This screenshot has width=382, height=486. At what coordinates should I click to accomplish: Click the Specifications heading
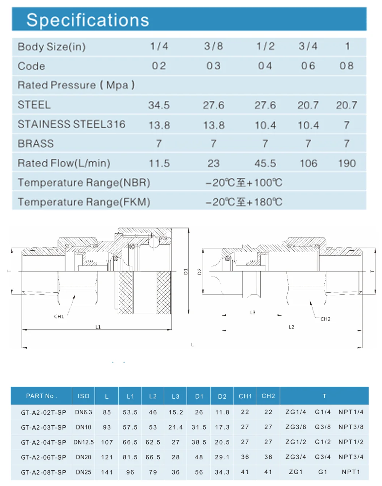pyautogui.click(x=87, y=20)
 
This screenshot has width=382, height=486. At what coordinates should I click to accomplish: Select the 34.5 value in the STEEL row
pyautogui.click(x=159, y=105)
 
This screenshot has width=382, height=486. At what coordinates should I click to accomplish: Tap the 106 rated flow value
pyautogui.click(x=308, y=164)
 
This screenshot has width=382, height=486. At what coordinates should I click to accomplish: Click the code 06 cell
pyautogui.click(x=308, y=66)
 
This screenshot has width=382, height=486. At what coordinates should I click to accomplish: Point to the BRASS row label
pyautogui.click(x=36, y=144)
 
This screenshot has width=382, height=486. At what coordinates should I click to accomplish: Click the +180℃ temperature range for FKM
pyautogui.click(x=244, y=202)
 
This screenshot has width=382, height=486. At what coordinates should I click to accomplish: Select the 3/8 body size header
pyautogui.click(x=213, y=46)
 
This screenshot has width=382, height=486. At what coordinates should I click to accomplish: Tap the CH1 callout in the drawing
pyautogui.click(x=59, y=316)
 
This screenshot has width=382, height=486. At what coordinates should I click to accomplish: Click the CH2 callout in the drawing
pyautogui.click(x=325, y=319)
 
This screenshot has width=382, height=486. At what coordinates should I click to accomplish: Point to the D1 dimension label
pyautogui.click(x=186, y=272)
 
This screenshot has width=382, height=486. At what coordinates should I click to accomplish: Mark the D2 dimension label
pyautogui.click(x=199, y=272)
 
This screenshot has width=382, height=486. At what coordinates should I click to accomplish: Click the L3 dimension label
pyautogui.click(x=253, y=312)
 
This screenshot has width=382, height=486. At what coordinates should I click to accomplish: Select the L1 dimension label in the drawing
pyautogui.click(x=98, y=327)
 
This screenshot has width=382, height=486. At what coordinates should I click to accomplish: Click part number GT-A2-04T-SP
pyautogui.click(x=44, y=443)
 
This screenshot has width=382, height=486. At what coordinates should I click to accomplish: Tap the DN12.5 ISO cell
pyautogui.click(x=84, y=442)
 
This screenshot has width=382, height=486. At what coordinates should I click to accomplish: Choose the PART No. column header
pyautogui.click(x=41, y=396)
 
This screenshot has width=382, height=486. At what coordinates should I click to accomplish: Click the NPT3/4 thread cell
pyautogui.click(x=351, y=457)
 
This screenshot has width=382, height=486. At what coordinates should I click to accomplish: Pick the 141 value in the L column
pyautogui.click(x=107, y=472)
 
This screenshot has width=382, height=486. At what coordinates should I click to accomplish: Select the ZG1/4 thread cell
pyautogui.click(x=296, y=412)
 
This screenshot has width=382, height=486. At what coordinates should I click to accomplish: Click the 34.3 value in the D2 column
pyautogui.click(x=222, y=472)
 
